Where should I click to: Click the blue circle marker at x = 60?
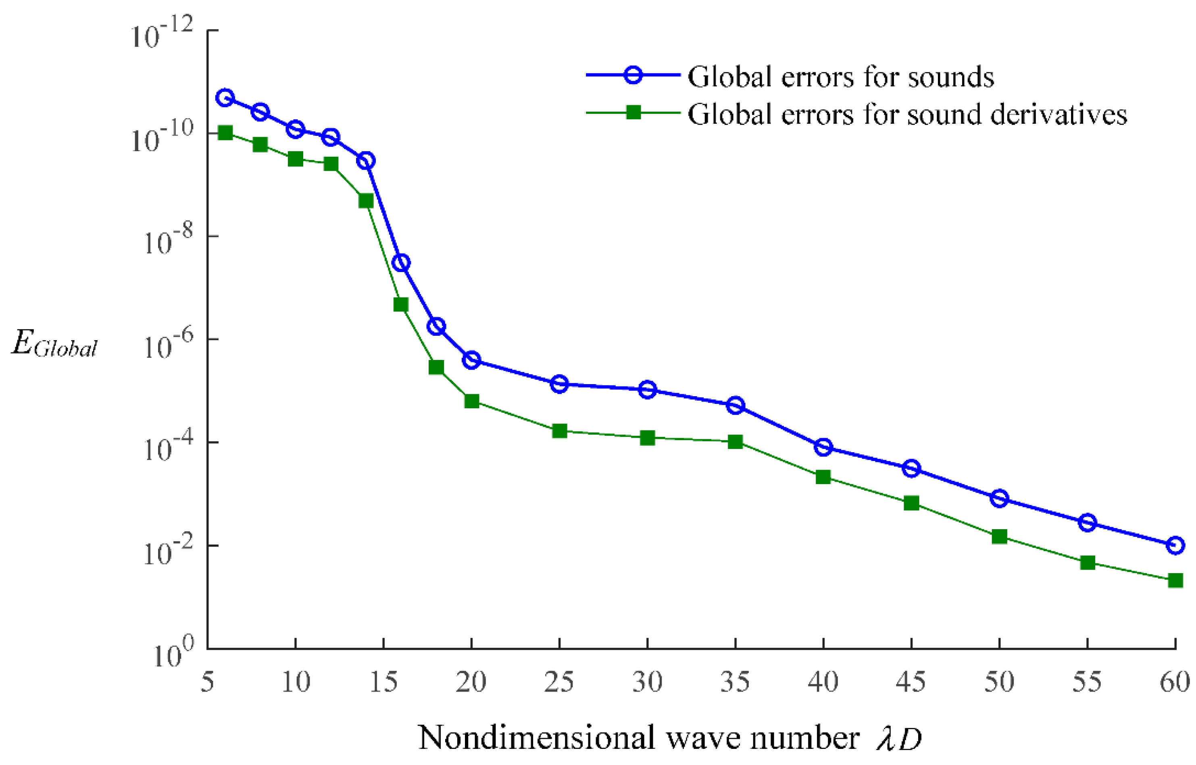[1175, 545]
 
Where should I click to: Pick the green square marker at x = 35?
[736, 442]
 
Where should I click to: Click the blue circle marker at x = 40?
[823, 447]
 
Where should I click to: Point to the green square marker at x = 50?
[999, 536]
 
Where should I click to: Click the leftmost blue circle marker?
[225, 98]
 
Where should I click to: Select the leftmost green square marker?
[225, 133]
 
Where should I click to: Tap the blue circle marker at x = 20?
[471, 360]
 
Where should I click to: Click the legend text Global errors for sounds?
[841, 77]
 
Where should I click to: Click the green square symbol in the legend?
[633, 112]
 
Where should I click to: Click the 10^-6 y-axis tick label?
[167, 345]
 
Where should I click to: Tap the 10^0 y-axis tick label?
[173, 655]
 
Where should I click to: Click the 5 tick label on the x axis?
[208, 682]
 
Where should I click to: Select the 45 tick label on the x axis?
[911, 682]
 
